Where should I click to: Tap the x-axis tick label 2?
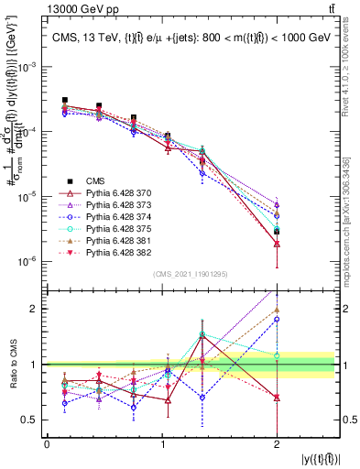[277, 443]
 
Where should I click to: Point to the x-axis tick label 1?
[161, 443]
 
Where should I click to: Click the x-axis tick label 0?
[47, 443]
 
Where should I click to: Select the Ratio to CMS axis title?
[12, 364]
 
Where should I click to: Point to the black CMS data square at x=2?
[277, 232]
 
